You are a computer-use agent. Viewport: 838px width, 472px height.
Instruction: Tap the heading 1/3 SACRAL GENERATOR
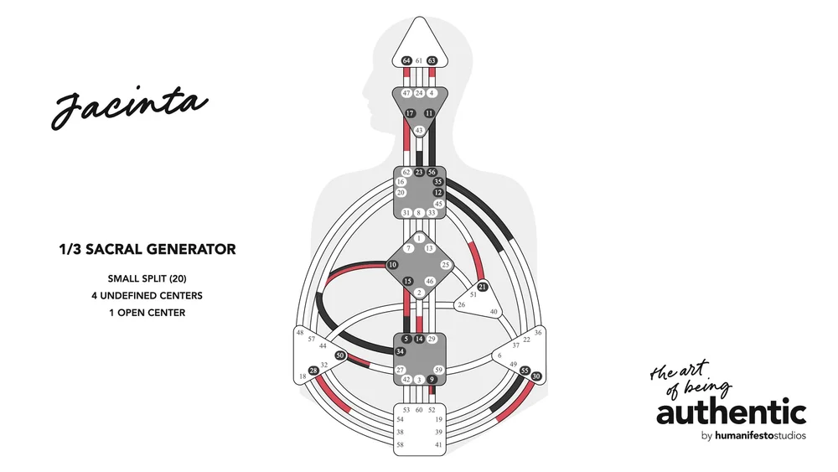tap(147, 249)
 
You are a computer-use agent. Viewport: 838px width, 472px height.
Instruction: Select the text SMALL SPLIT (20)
tap(147, 278)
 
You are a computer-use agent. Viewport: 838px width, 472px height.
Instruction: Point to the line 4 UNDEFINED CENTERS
tap(147, 295)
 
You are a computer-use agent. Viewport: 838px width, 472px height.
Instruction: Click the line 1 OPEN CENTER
tap(147, 313)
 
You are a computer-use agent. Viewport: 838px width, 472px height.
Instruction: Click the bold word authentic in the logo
tap(731, 413)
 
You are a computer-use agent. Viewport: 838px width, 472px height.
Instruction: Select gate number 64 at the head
tap(406, 61)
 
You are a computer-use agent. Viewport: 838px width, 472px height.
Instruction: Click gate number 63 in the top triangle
tap(432, 61)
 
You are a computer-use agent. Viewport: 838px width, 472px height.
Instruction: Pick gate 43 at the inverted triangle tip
tap(419, 130)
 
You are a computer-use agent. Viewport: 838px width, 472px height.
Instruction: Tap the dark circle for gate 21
tap(482, 287)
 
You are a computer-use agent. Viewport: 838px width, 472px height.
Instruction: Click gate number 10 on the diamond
tap(391, 266)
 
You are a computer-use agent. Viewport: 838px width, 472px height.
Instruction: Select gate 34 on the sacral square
tap(401, 351)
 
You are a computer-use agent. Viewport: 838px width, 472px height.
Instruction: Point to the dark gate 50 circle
tap(340, 355)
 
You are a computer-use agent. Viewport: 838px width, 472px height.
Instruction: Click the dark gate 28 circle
tap(313, 370)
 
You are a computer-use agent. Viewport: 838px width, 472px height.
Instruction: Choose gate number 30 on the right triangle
tap(536, 376)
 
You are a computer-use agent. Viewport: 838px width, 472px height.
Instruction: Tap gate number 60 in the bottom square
tap(419, 410)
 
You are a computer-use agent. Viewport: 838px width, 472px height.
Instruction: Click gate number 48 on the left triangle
tap(300, 333)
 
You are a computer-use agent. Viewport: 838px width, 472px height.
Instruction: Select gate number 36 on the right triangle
tap(537, 333)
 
